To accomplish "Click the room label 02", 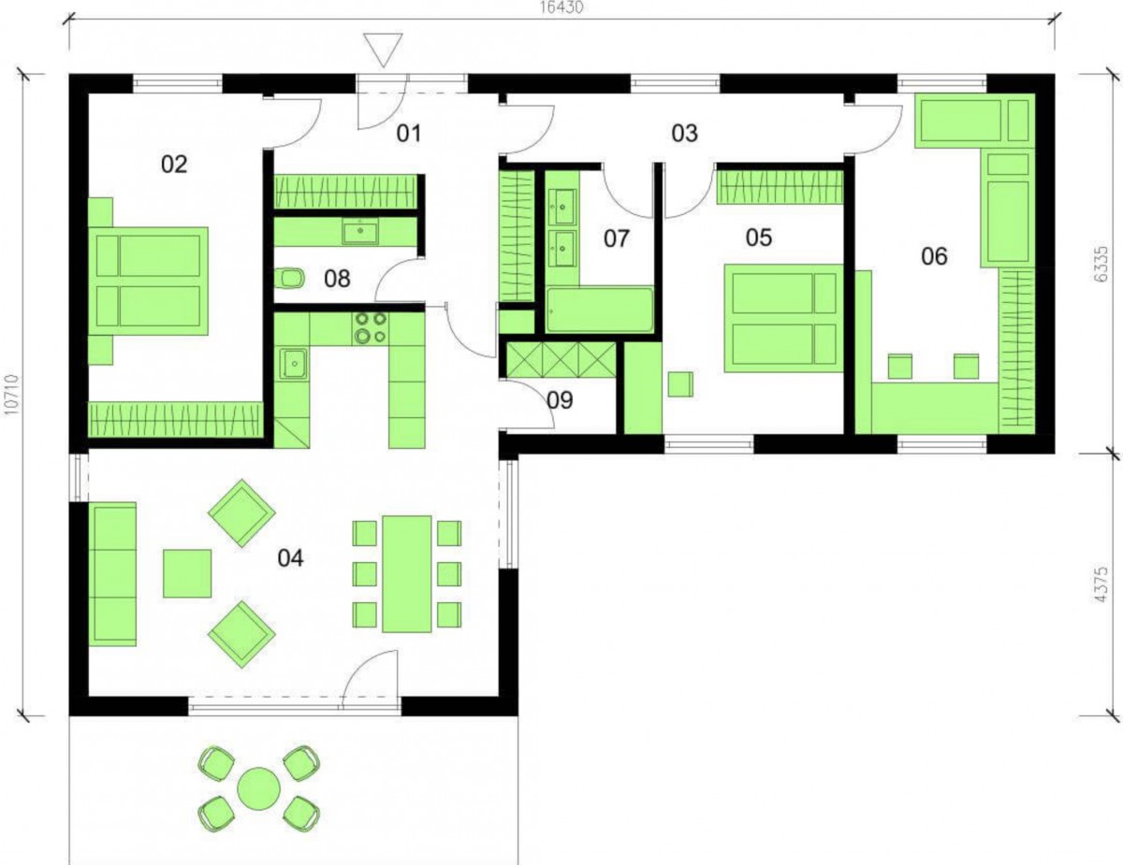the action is coord(174,165).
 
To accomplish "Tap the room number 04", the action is coord(290,557).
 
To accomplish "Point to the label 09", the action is coord(560,400).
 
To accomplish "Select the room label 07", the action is coord(617,238).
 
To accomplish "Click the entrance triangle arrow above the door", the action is coord(383,49).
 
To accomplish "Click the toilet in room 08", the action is coord(291,280).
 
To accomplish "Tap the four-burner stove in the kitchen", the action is coord(370,328).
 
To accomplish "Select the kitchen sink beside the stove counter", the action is coord(294,364).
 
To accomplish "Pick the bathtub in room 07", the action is coord(600,310).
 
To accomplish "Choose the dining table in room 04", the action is coord(407,574).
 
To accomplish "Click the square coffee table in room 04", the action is coord(187,573).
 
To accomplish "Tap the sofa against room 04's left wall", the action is coord(112,574).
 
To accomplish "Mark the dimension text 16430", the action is coord(561,8).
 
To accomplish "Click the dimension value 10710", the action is coord(11,395).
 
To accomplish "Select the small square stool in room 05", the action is coord(680,384).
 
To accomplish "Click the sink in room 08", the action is coord(360,231).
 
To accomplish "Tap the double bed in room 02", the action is coord(149,281).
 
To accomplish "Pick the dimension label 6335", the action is coord(1101,264).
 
